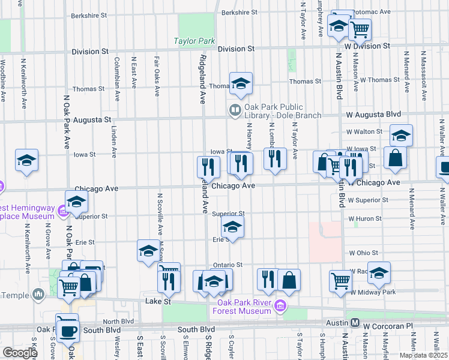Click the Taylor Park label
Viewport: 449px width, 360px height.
point(194,41)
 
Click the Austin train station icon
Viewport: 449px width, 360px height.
point(355,323)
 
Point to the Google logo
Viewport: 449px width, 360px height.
point(20,353)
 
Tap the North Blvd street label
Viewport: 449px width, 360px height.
point(118,321)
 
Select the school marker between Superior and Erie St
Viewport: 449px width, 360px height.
point(232,227)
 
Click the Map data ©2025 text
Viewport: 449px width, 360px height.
point(423,355)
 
